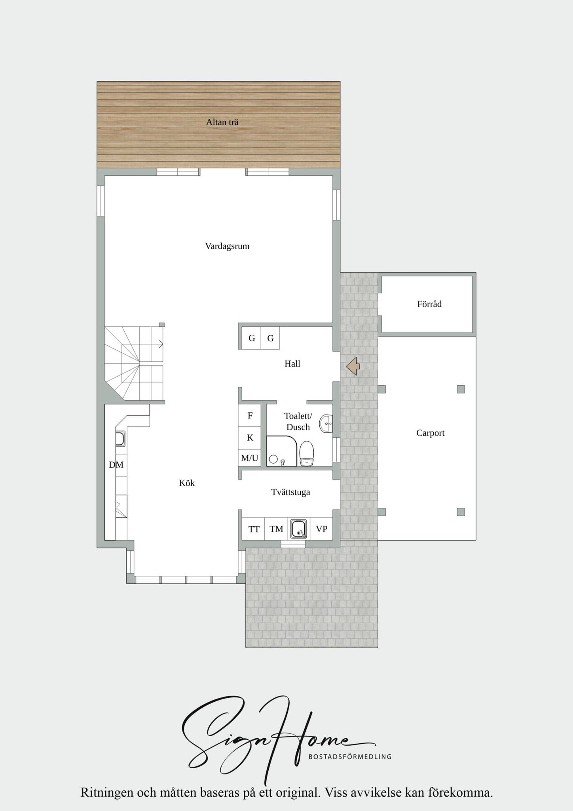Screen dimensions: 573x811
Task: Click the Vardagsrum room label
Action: pos(227,246)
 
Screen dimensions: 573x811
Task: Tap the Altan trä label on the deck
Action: pos(222,122)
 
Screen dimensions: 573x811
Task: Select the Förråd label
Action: pos(429,304)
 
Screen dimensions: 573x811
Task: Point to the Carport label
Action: pos(431,433)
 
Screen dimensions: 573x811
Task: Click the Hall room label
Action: pos(292,364)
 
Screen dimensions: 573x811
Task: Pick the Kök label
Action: pos(187,483)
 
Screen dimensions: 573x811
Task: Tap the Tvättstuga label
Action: pos(291,492)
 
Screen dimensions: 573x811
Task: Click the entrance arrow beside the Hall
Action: pos(353,366)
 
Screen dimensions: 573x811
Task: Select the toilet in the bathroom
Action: pos(307,454)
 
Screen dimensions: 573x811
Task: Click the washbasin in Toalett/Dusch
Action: pos(326,424)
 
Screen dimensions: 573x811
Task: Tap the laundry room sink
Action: pos(299,529)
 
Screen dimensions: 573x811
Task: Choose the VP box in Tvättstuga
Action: pos(322,529)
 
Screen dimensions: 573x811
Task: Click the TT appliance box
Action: pos(254,529)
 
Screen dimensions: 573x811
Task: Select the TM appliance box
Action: pos(276,529)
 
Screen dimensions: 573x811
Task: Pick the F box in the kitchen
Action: pos(250,415)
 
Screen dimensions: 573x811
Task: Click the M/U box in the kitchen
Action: pos(250,458)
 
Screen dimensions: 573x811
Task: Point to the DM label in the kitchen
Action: pos(116,465)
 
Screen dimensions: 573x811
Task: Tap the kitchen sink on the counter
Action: pos(120,439)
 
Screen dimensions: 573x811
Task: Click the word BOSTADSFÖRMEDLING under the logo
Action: pos(350,757)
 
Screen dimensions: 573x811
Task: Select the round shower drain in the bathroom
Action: pos(273,459)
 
